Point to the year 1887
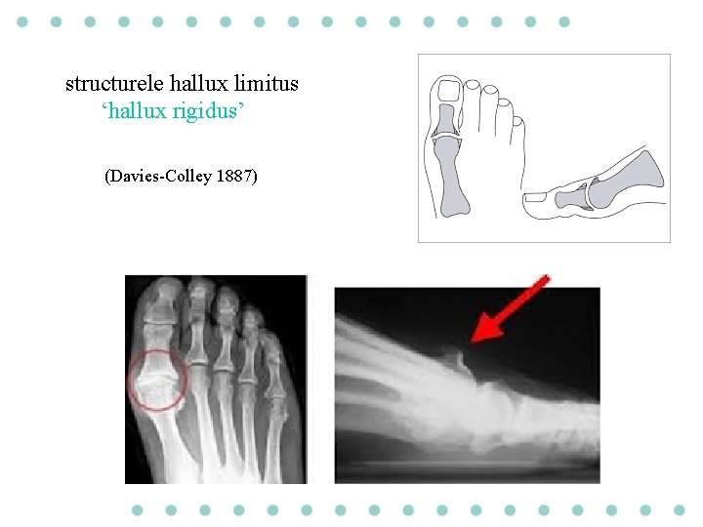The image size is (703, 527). [x=235, y=178]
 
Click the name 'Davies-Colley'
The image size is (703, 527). [x=158, y=178]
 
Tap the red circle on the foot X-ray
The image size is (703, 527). [x=156, y=379]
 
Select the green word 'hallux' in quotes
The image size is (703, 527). [x=136, y=113]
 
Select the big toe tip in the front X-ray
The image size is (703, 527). [x=168, y=293]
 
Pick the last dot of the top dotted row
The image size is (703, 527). [x=563, y=20]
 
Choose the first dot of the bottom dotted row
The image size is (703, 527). [x=138, y=509]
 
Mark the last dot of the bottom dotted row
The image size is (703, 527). [x=680, y=509]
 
